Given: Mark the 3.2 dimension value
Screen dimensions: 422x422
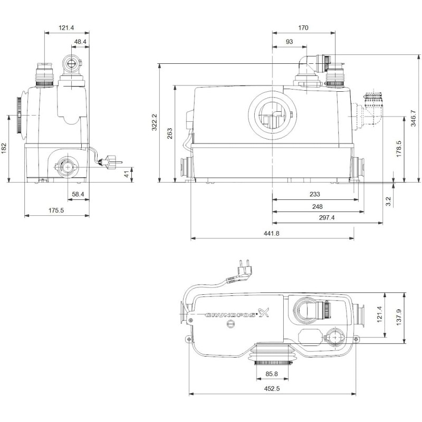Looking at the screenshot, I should tap(388, 201).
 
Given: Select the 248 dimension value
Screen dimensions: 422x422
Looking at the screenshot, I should tap(317, 207).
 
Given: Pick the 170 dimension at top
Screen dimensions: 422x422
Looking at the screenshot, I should tap(303, 28).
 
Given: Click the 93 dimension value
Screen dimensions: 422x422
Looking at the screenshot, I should tap(290, 42).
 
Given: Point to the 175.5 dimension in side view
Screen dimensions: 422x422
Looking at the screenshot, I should tap(57, 210).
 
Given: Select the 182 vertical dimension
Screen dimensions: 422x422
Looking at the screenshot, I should tap(4, 148).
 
